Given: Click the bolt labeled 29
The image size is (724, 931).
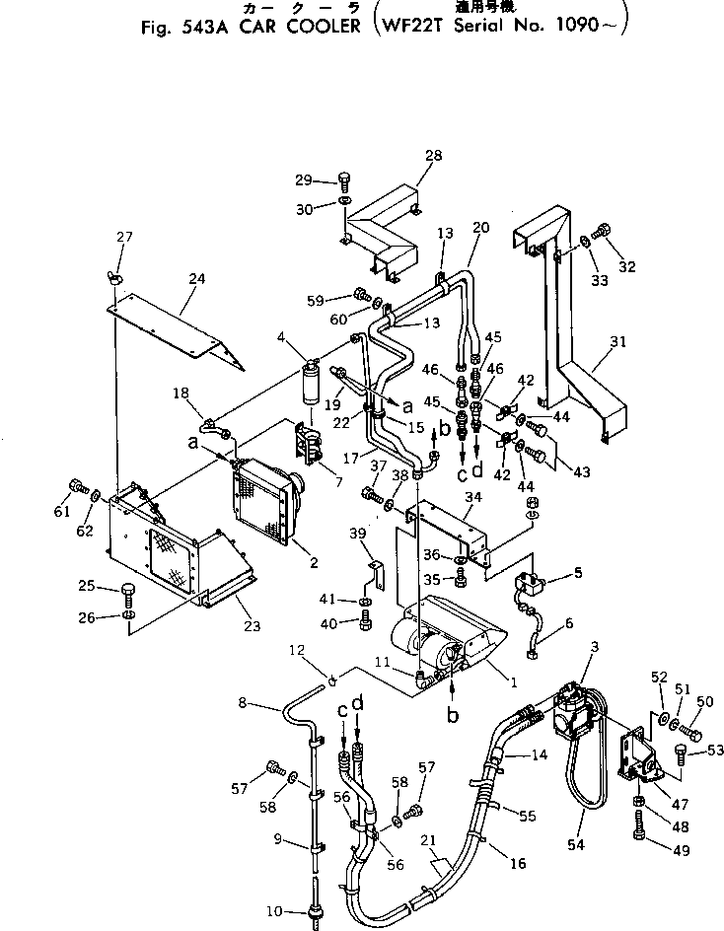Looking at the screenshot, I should [343, 180].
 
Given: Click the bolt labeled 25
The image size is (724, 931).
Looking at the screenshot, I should [129, 592].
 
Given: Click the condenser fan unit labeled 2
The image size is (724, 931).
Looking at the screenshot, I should [266, 503].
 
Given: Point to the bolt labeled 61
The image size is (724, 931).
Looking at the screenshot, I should [77, 486].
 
